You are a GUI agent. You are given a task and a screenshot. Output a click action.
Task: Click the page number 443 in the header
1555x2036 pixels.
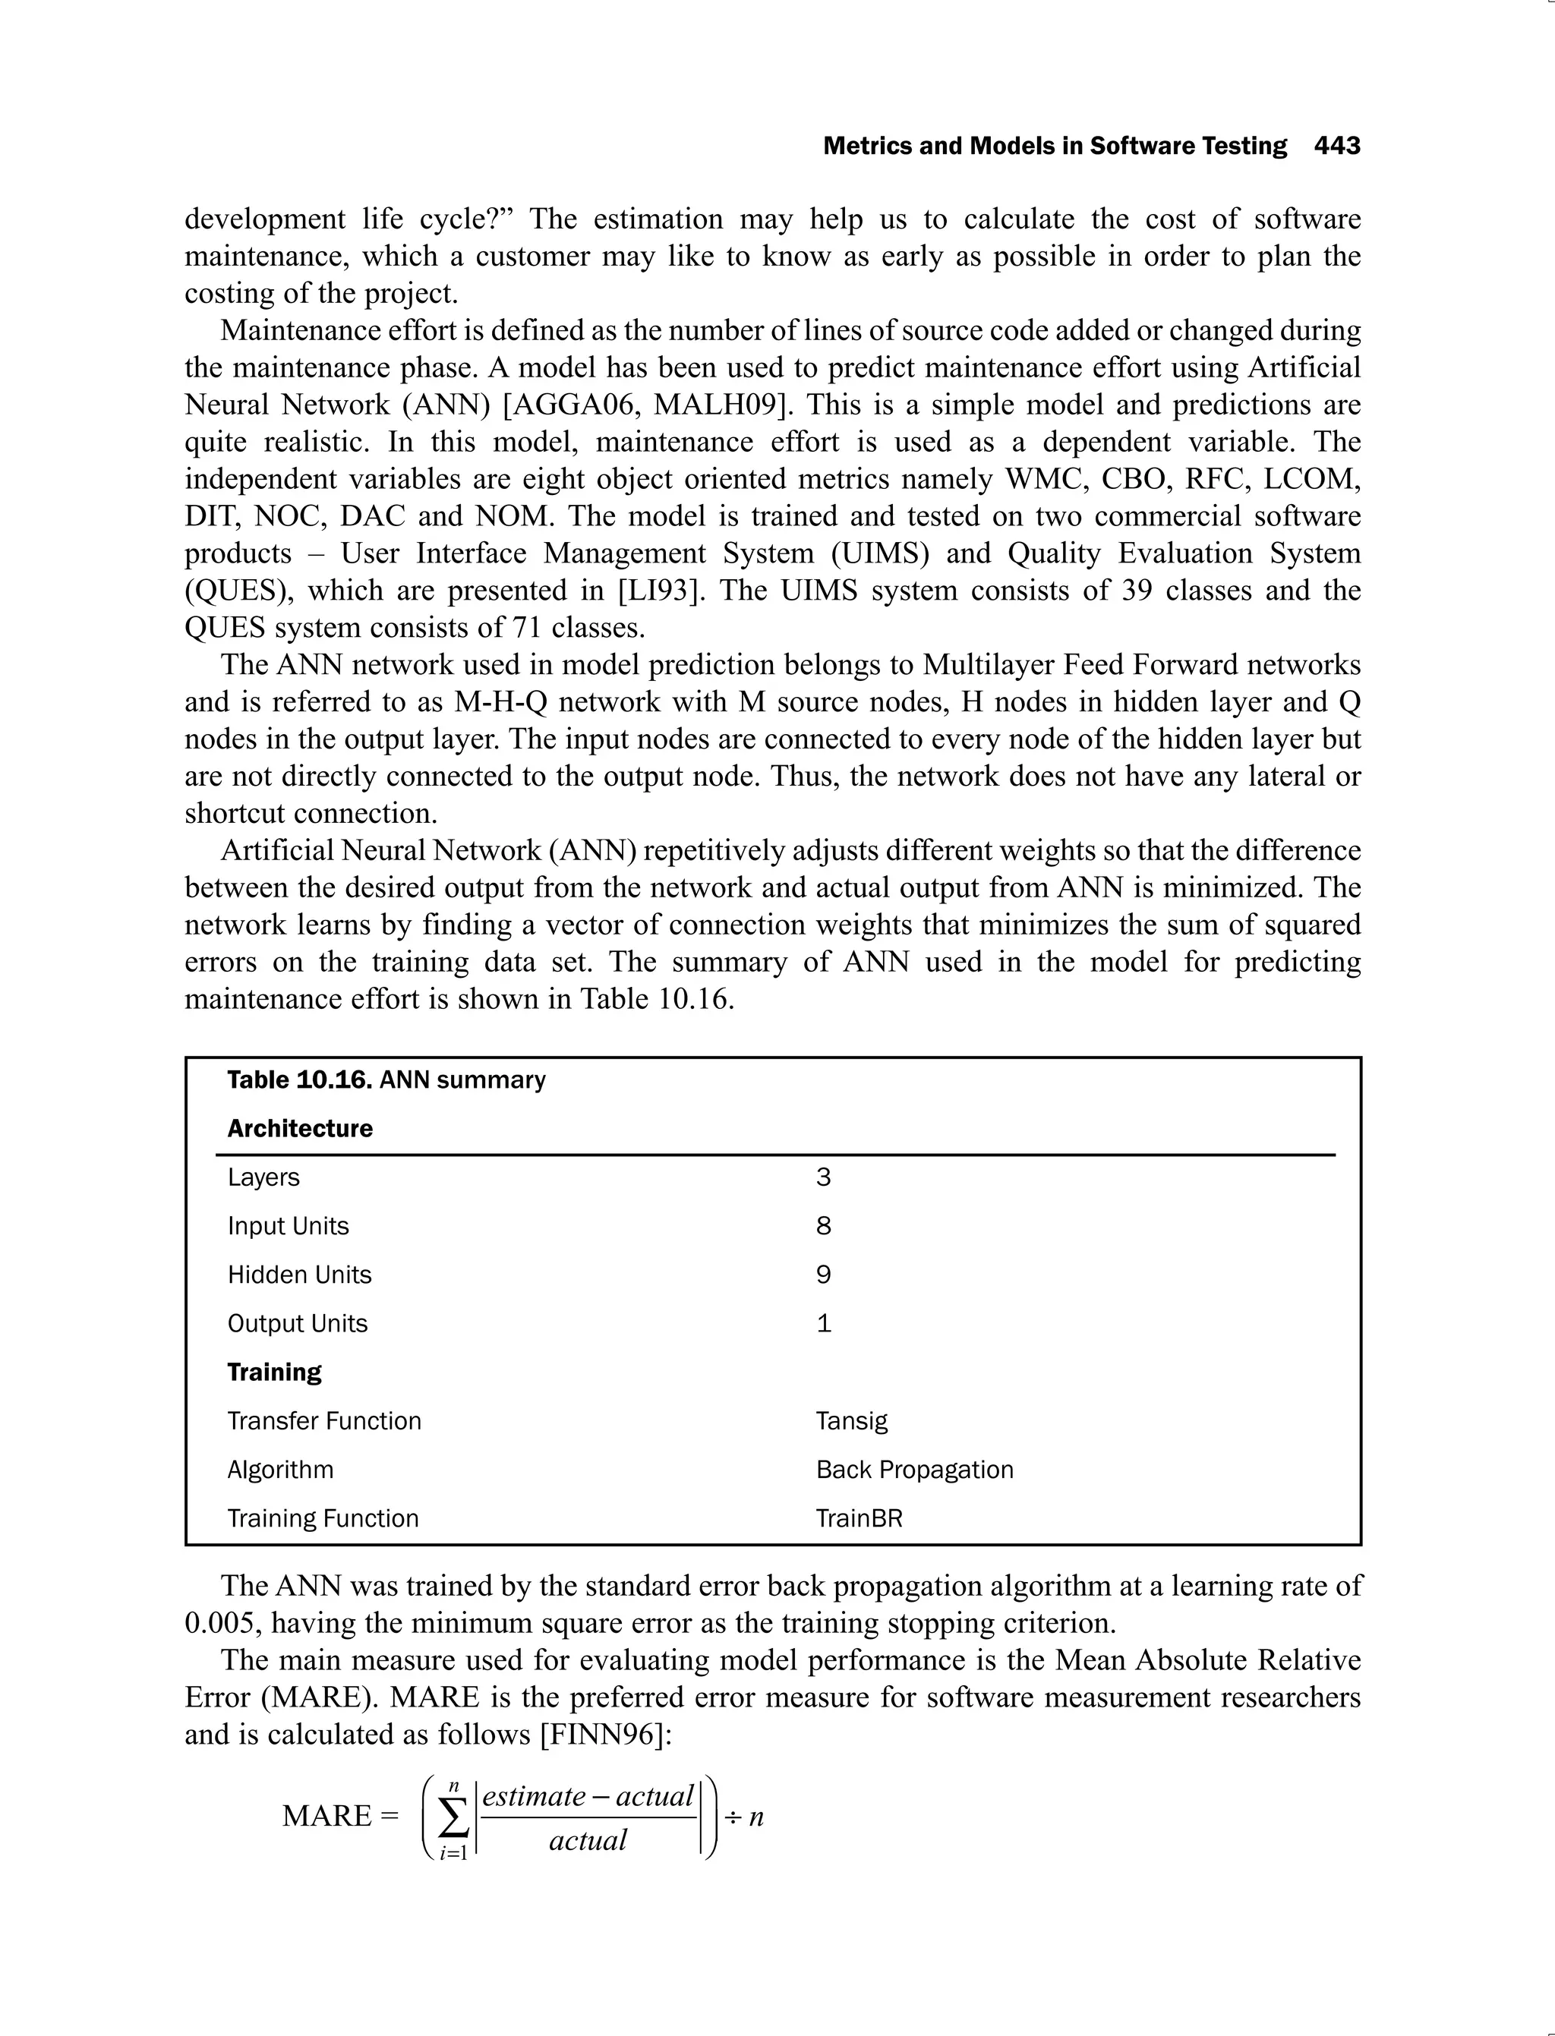coord(1336,147)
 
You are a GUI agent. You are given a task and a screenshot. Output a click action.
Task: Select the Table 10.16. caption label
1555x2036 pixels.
coord(299,1080)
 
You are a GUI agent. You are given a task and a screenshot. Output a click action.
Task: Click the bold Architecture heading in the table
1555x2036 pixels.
coord(300,1128)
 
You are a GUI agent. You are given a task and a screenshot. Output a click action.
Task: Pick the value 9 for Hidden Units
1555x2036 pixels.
coord(823,1275)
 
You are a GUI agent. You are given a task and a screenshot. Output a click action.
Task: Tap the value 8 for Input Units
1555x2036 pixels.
coord(823,1225)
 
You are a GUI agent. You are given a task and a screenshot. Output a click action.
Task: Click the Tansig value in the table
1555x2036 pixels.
coord(850,1420)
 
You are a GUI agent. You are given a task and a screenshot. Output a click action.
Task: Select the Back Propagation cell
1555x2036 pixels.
coord(913,1470)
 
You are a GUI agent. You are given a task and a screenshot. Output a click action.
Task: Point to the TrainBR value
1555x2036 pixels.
coord(858,1518)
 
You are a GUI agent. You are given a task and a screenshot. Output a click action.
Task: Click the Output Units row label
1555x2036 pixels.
coord(297,1323)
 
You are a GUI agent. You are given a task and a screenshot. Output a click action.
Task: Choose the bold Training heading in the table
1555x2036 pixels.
coord(274,1372)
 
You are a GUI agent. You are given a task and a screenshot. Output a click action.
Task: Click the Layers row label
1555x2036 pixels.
coord(263,1177)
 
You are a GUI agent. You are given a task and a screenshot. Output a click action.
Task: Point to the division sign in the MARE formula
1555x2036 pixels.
coord(732,1817)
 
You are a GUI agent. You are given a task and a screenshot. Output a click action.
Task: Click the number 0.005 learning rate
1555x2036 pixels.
coord(222,1623)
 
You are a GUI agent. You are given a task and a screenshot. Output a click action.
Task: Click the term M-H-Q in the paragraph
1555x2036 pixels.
coord(501,701)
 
